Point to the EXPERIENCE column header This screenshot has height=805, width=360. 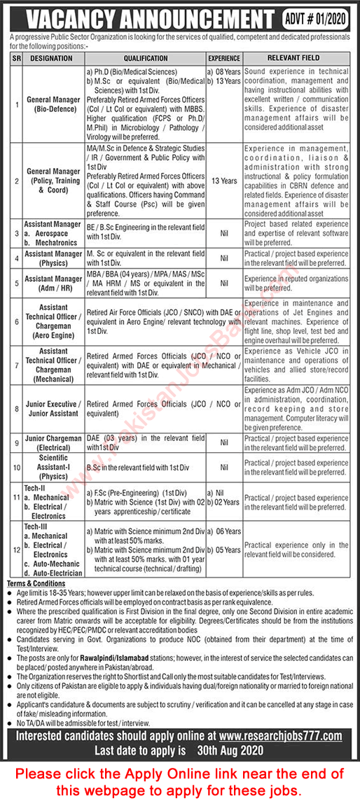(x=223, y=58)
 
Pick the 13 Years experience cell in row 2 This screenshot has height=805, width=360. (x=223, y=181)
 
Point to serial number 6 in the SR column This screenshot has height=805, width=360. (x=17, y=321)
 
